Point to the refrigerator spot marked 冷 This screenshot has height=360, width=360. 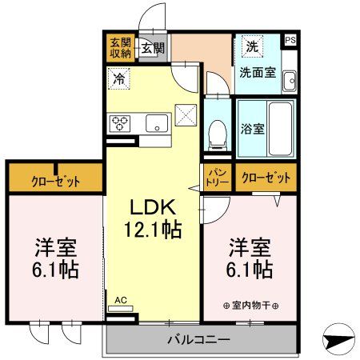[x=118, y=78]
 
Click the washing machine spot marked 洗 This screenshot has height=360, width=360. [x=250, y=46]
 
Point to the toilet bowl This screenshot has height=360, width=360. [x=215, y=134]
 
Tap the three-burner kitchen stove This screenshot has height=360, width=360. [x=122, y=122]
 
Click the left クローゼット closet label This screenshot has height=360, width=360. [x=55, y=180]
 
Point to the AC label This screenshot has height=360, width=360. [x=121, y=300]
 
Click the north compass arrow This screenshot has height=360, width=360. [x=340, y=337]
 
